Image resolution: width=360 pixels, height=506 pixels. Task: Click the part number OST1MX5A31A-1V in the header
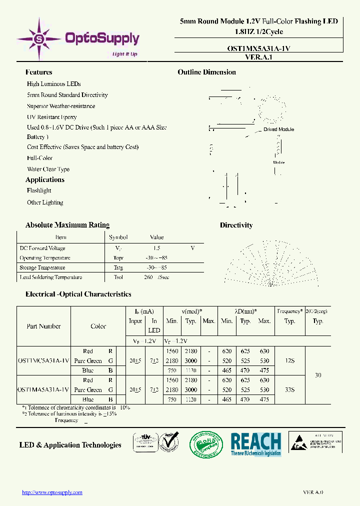(255, 48)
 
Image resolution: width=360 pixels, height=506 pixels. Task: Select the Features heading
(38, 72)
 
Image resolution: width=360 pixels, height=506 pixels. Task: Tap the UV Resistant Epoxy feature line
(51, 117)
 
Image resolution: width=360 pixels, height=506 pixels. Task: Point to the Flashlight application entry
(39, 190)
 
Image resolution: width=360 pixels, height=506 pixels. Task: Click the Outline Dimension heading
(206, 72)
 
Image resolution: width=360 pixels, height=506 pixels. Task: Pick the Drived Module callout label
(278, 129)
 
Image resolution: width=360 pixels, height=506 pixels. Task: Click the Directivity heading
(236, 225)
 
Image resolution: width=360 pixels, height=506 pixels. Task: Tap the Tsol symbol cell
(118, 277)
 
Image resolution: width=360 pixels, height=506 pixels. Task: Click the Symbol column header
(118, 237)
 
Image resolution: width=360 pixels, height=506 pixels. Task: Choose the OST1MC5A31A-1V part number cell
(43, 360)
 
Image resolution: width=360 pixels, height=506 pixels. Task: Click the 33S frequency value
(289, 389)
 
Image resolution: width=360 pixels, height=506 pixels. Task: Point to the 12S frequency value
(289, 360)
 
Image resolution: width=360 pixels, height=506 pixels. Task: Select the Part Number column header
(43, 326)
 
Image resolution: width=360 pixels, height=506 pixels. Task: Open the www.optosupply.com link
(52, 492)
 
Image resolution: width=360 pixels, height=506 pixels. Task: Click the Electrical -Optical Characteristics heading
(78, 294)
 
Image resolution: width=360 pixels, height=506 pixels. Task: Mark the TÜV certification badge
(145, 443)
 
